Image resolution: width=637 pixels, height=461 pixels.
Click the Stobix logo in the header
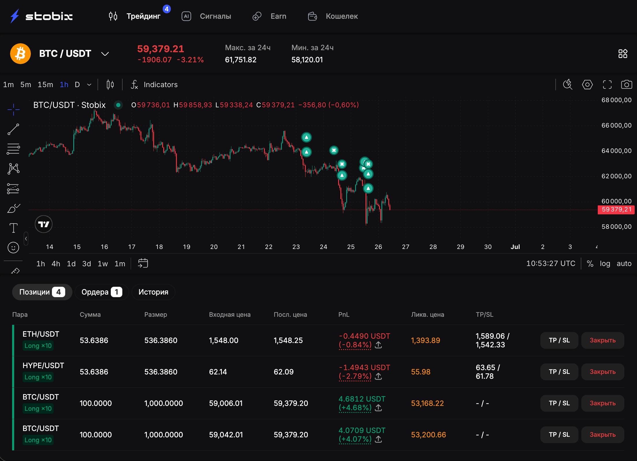[41, 16]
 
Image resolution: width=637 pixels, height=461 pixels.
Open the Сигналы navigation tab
[215, 16]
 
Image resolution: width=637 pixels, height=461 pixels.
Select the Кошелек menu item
[342, 16]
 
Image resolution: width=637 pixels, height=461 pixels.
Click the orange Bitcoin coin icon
[20, 54]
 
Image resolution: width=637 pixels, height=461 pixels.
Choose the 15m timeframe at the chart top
[45, 85]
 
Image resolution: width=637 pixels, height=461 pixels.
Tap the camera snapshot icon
[626, 85]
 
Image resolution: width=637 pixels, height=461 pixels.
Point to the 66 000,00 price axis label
[617, 125]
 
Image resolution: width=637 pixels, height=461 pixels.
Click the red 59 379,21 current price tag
[616, 209]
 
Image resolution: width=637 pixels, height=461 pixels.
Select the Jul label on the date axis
[515, 247]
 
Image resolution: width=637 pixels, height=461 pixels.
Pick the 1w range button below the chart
[103, 264]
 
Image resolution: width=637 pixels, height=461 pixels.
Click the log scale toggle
[605, 264]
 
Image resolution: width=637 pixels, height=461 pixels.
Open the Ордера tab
[102, 292]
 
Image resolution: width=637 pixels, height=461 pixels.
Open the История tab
[153, 292]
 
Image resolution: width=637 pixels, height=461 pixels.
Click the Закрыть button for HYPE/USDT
[602, 372]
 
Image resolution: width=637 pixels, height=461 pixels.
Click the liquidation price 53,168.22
[427, 403]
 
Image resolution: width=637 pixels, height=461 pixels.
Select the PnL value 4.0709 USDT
[362, 430]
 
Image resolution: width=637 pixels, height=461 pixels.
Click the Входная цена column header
[230, 314]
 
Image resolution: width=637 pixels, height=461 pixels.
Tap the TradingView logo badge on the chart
[44, 224]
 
